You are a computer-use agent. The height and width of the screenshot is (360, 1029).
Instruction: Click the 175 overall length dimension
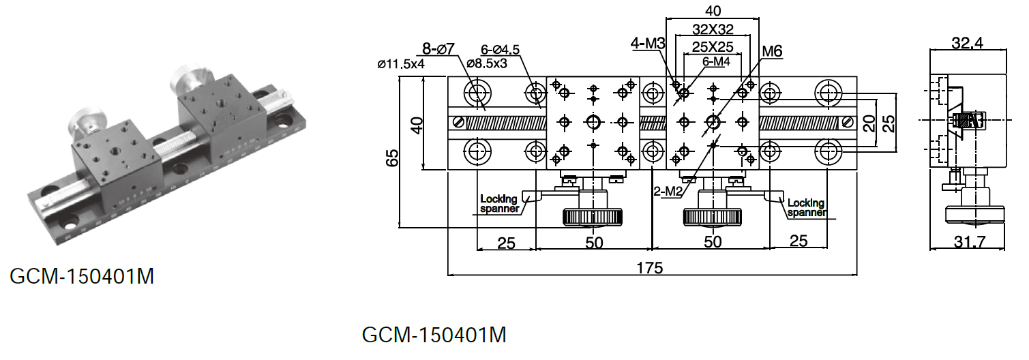650,268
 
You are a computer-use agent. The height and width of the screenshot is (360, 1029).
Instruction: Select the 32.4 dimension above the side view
968,43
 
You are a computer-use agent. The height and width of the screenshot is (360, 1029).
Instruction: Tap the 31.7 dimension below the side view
970,241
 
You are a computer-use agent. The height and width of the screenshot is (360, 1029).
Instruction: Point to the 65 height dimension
392,158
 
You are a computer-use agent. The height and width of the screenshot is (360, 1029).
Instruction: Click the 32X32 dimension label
713,29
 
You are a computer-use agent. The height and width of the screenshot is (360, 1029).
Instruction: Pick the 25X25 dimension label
713,46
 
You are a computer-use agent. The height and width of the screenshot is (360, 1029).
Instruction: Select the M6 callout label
772,51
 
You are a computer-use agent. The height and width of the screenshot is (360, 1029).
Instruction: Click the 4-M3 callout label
648,43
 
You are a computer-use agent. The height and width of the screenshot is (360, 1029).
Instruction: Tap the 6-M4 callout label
716,61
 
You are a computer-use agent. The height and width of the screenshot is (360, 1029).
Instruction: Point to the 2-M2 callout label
668,190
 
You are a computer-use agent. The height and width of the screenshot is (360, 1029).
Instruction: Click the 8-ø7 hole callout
438,48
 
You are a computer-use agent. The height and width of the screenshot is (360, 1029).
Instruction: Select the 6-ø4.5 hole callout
501,50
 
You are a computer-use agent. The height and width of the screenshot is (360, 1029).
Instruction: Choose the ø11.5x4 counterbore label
401,64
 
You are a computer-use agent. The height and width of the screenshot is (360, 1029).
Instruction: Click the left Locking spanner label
499,203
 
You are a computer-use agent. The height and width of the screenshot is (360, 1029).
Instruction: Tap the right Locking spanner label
807,207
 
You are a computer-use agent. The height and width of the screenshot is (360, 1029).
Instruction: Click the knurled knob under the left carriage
593,217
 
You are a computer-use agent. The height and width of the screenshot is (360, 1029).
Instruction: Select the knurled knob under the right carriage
713,217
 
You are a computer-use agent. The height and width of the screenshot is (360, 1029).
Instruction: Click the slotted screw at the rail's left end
458,122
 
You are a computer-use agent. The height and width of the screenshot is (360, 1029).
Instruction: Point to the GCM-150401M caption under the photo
82,276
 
